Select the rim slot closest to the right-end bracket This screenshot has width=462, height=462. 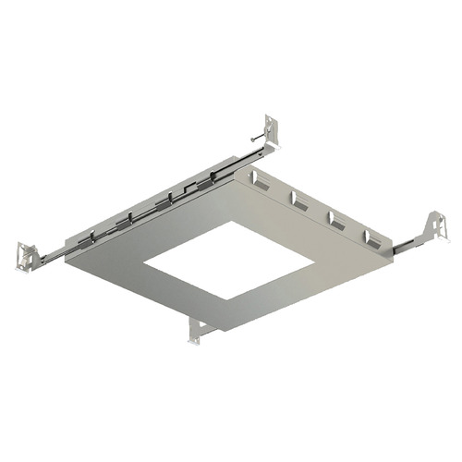374,237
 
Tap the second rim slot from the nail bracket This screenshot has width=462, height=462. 298,199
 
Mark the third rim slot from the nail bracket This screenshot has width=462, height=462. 336,218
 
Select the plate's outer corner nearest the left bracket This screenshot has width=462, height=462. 66,262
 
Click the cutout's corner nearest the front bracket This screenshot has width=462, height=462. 222,299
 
